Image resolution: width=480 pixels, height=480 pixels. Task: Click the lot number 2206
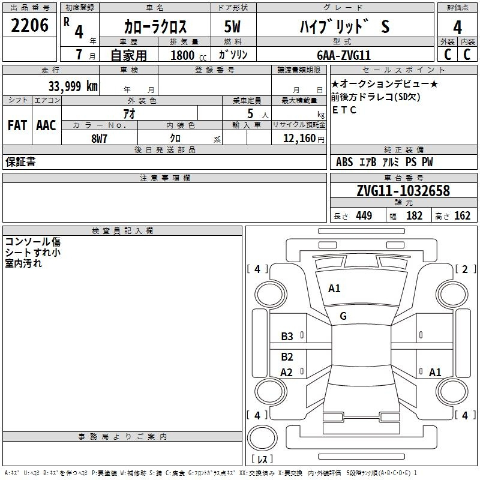29,25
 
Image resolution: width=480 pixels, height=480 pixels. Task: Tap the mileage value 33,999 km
73,86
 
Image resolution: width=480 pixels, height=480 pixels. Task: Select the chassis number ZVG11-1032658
403,191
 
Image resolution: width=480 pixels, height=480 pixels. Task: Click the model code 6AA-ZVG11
344,55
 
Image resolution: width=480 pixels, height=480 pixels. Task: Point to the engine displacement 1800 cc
188,55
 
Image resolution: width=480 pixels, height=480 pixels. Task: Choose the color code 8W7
99,139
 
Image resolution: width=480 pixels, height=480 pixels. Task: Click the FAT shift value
17,125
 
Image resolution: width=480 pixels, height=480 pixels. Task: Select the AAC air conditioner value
46,125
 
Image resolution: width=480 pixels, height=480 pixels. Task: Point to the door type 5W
232,26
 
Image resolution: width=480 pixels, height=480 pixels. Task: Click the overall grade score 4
457,28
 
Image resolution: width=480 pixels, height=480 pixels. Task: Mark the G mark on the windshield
343,316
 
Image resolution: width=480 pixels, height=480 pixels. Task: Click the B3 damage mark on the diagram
287,337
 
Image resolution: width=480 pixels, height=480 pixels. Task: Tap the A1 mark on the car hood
334,289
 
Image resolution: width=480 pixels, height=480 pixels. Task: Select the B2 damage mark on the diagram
287,356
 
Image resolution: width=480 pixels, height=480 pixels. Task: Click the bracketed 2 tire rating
465,269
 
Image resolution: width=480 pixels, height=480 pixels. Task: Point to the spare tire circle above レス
262,438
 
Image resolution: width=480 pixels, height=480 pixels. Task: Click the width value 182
414,215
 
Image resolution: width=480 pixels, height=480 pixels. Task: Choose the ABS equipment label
344,162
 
